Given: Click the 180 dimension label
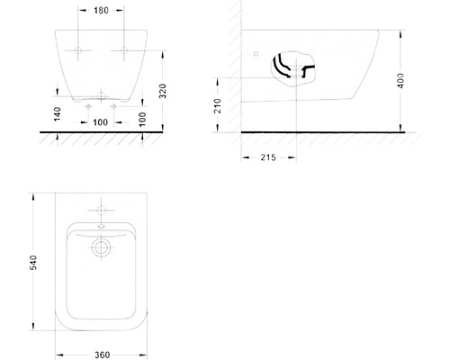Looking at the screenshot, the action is tap(101, 11).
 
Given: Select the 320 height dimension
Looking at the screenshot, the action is tap(163, 91).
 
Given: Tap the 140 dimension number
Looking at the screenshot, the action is tap(58, 114).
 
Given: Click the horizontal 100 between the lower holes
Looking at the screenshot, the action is tap(100, 122).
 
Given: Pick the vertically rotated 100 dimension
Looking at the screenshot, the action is tap(142, 119).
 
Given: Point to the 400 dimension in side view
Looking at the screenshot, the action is tap(400, 80).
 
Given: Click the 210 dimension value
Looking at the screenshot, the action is tap(217, 106).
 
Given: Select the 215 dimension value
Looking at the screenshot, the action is tap(268, 157).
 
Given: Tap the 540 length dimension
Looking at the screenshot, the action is tap(33, 263).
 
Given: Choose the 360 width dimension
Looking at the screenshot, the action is tap(102, 355).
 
